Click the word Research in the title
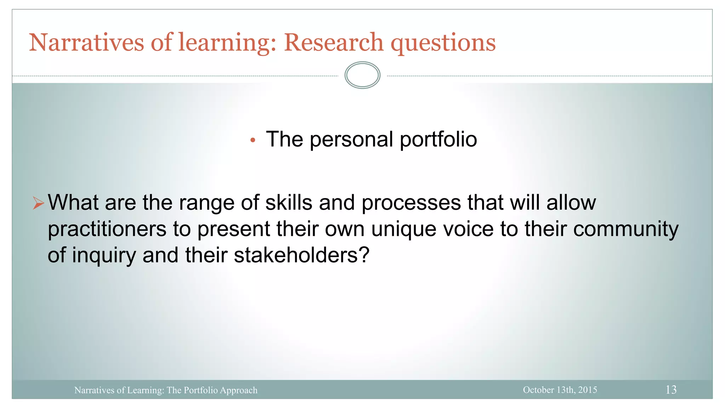tap(333, 42)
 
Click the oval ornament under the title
tap(362, 75)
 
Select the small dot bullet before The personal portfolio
tap(252, 140)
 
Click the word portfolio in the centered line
tap(438, 139)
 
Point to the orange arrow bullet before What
tap(38, 203)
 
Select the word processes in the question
tap(411, 203)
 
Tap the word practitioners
tap(107, 229)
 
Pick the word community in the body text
tap(626, 229)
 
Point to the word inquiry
tap(104, 255)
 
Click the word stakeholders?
tap(302, 255)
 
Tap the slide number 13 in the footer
tap(671, 390)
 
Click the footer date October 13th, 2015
tap(560, 390)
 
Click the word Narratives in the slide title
tap(86, 42)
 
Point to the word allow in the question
tap(571, 203)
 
